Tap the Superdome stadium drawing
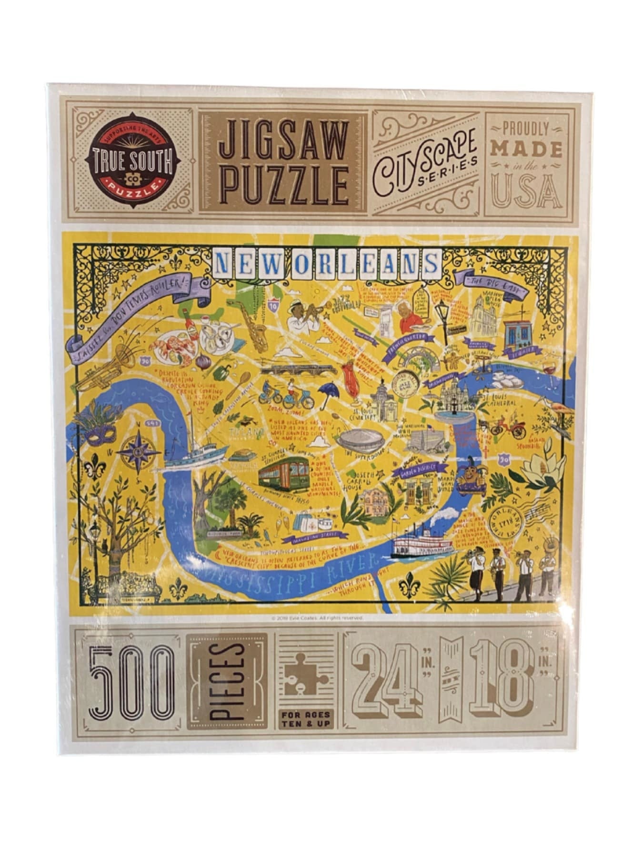tap(360, 439)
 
